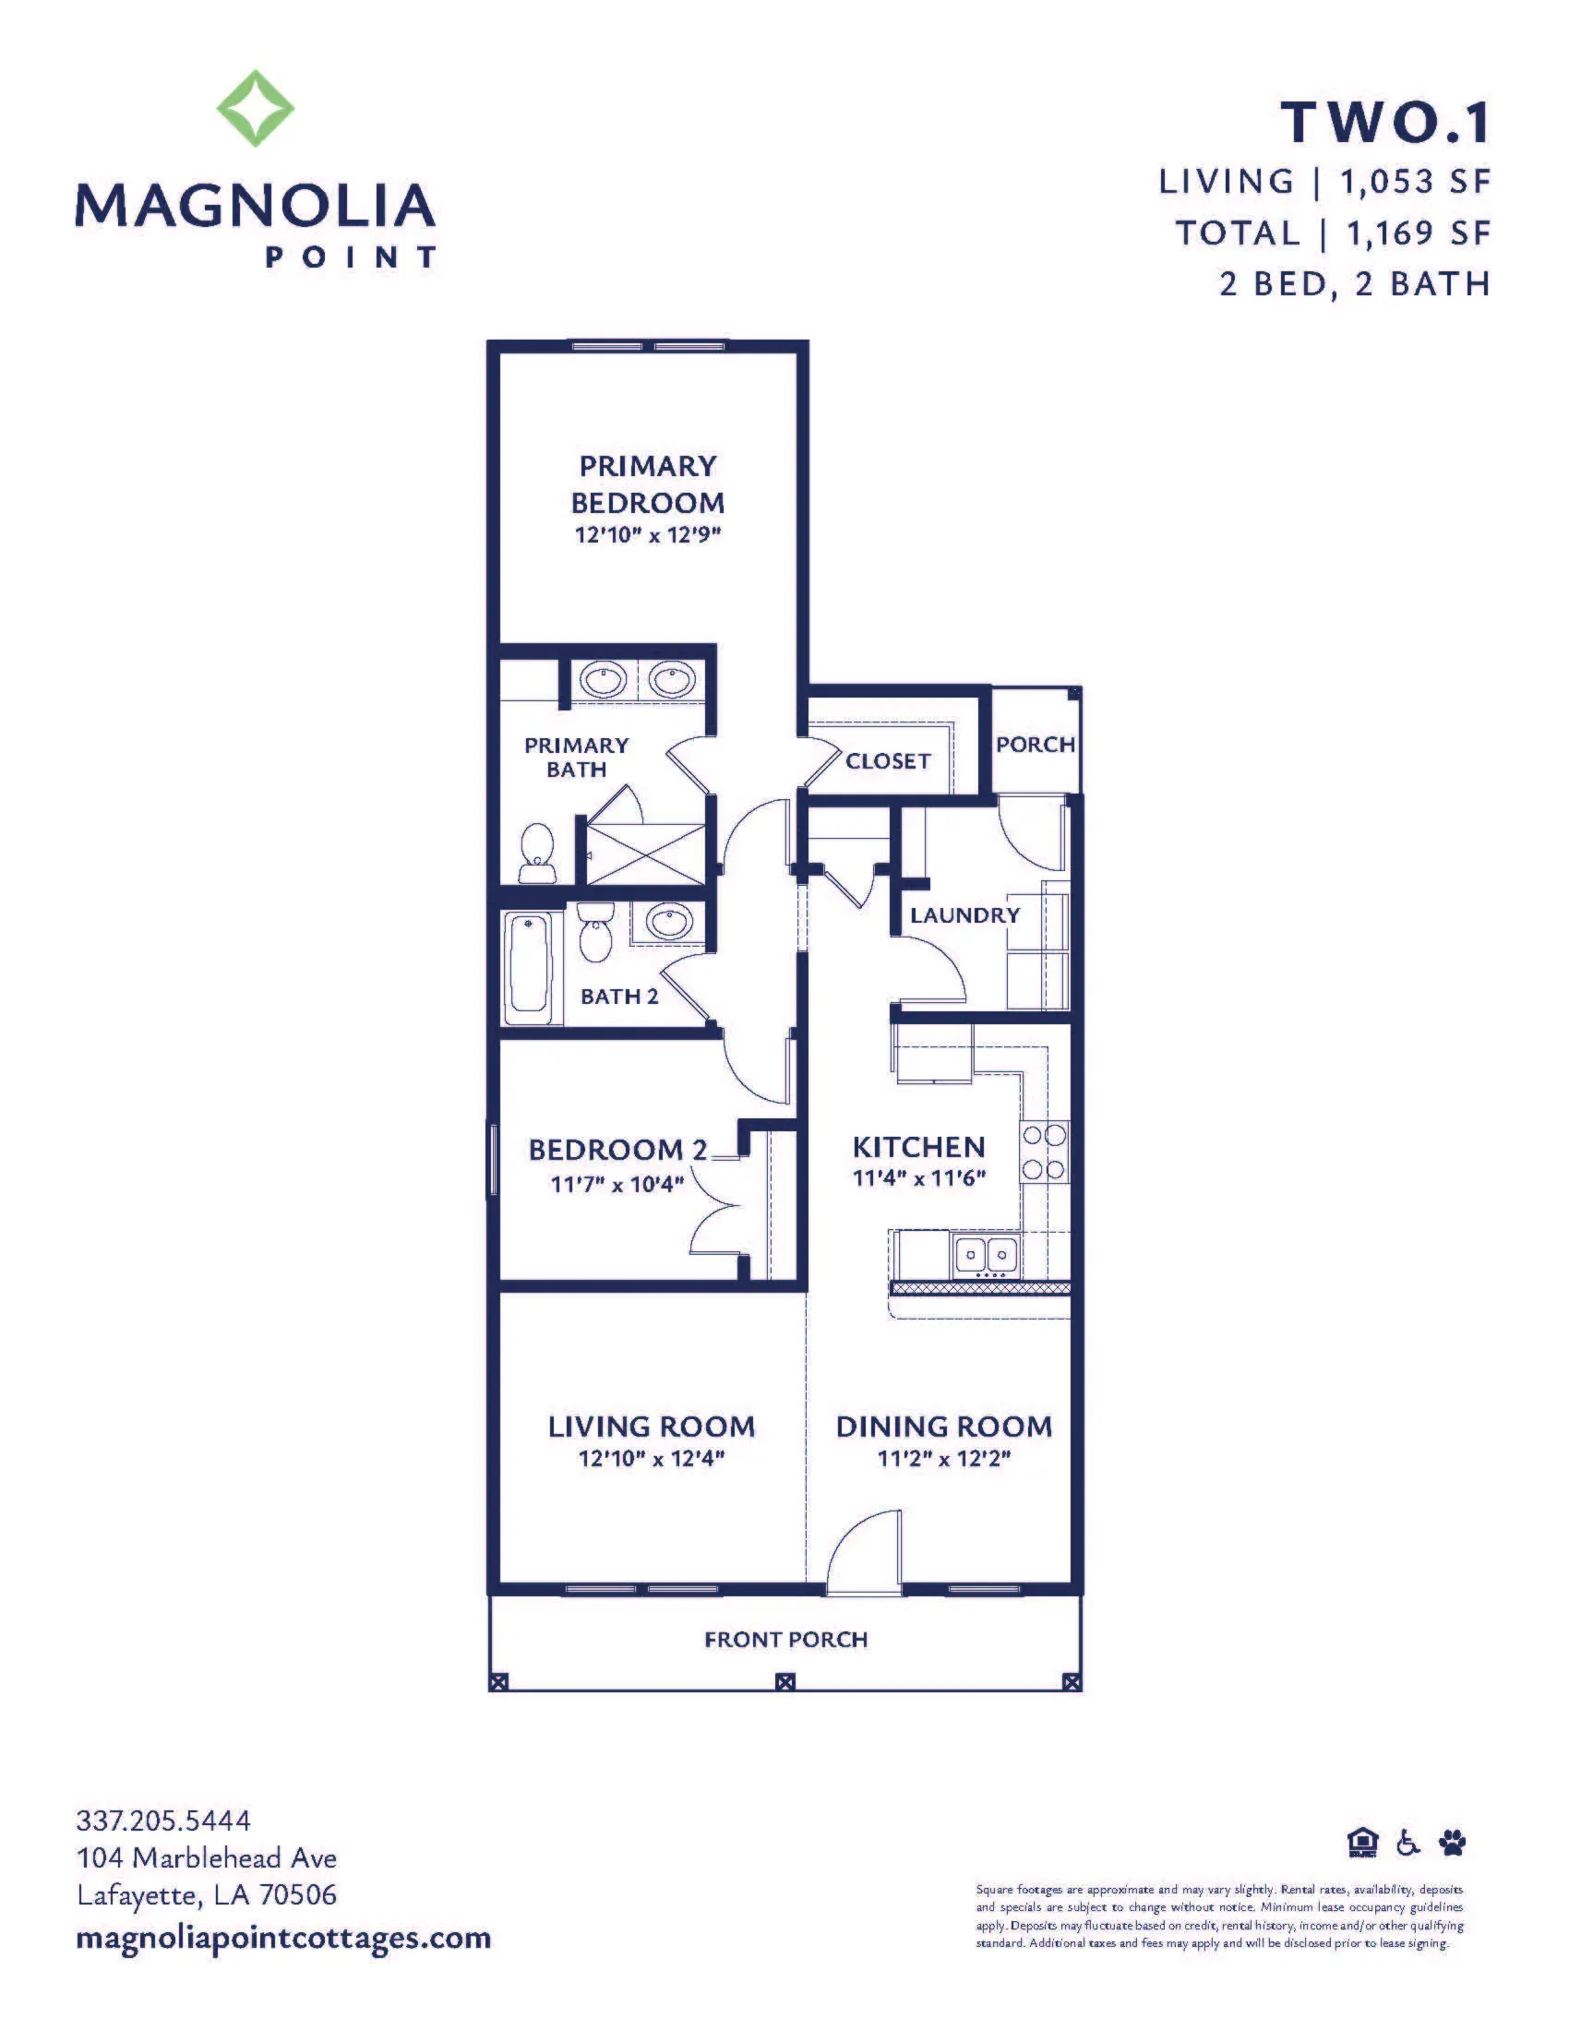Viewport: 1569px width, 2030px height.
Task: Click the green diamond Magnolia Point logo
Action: point(256,109)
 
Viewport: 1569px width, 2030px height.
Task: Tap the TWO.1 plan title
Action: point(1386,123)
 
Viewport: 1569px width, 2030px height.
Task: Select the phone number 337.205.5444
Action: point(163,1820)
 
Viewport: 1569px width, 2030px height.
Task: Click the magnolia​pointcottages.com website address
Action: point(283,1938)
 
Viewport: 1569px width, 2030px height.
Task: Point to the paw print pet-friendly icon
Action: point(1453,1842)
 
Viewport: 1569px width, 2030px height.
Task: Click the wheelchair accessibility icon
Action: point(1409,1842)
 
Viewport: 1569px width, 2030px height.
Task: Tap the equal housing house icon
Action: point(1362,1842)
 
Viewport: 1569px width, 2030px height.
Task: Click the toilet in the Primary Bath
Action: point(537,854)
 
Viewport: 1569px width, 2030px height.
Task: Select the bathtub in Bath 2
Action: point(528,968)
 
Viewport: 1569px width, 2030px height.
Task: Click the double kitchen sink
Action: point(986,1255)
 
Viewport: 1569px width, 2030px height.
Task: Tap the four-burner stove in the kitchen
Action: point(1045,1152)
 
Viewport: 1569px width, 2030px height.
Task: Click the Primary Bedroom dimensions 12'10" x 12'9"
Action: point(648,534)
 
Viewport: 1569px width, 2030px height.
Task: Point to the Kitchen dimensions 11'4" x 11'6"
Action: point(919,1177)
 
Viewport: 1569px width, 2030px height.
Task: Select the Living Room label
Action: point(652,1427)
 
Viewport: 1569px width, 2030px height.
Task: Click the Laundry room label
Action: point(964,915)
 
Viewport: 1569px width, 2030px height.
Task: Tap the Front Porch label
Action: point(786,1640)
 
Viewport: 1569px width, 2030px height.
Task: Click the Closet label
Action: point(888,761)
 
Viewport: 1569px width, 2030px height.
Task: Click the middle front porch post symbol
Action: point(785,1681)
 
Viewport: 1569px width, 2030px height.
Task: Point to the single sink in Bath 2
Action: point(667,923)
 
